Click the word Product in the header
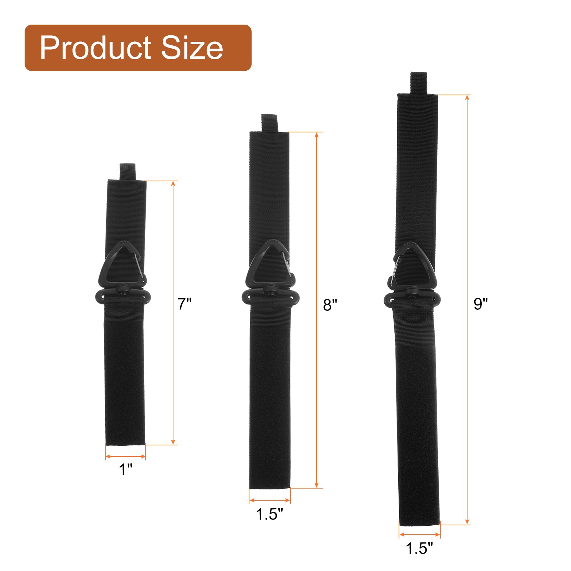96,48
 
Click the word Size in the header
192,48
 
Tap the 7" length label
185,304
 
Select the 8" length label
330,305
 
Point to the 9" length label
481,304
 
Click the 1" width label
126,469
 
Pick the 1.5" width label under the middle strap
269,514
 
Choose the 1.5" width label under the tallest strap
419,548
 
